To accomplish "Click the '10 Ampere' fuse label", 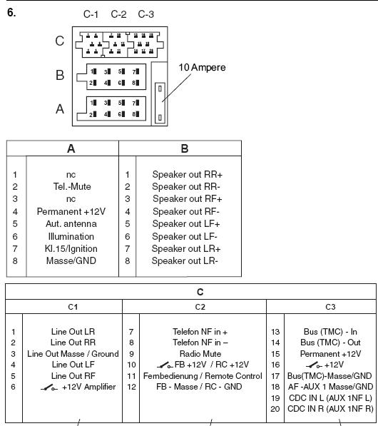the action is (x=202, y=67).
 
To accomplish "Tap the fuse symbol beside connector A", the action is (x=160, y=103).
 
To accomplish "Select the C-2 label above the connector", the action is (x=118, y=14).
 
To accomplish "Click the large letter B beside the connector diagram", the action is (x=60, y=75).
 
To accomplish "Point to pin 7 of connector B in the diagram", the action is (x=136, y=71).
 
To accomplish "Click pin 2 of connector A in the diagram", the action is (x=93, y=114).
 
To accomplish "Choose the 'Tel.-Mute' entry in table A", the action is (x=72, y=187).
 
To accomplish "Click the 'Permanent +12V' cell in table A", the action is (x=71, y=211).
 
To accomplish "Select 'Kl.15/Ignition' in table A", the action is (x=71, y=248).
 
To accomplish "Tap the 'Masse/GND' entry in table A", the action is (x=71, y=261).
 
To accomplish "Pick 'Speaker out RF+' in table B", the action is (x=188, y=199).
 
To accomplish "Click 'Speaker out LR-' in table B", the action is (x=185, y=261).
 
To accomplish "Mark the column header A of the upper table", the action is (x=71, y=148).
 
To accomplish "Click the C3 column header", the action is (x=330, y=307).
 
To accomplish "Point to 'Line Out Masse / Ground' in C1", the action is (x=73, y=354).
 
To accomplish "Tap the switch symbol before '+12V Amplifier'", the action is (x=49, y=387).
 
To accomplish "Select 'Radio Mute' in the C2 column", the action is (x=200, y=354).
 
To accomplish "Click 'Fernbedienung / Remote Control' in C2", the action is (x=203, y=376).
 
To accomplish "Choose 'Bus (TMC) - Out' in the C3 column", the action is (x=330, y=343).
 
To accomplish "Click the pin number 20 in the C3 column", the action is (x=275, y=409).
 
